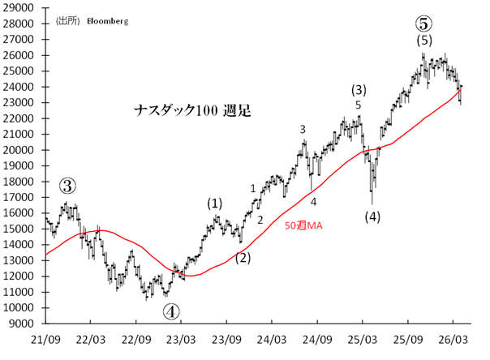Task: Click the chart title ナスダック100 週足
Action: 192,110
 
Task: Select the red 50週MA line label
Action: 303,226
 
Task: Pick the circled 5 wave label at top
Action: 423,24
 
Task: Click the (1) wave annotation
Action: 214,203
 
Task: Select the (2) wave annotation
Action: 243,259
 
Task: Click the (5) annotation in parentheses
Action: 423,40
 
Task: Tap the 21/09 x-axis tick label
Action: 45,339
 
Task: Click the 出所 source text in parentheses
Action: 67,22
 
